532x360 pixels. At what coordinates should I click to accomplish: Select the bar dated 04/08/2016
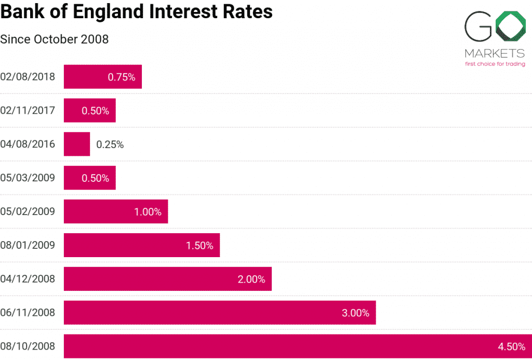click(77, 144)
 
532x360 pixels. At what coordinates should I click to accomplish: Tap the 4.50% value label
click(511, 346)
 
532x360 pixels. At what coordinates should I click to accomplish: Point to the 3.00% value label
click(355, 313)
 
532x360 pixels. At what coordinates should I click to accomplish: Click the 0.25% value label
click(110, 144)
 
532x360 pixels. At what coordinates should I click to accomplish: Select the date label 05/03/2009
click(28, 178)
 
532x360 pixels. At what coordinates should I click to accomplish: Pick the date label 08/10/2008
click(28, 346)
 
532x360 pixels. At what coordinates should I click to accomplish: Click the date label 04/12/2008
click(28, 279)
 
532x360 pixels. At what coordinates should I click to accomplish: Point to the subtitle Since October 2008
click(55, 39)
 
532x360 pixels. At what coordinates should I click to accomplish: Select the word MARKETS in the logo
click(494, 54)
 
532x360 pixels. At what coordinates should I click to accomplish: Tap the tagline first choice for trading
click(494, 63)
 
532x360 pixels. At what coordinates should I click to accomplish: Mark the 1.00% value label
click(148, 212)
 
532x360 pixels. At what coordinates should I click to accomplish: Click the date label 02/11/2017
click(28, 111)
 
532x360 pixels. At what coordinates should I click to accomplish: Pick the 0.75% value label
click(122, 77)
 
